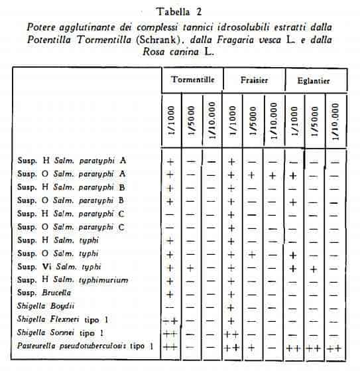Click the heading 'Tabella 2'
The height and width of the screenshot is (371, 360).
point(180,11)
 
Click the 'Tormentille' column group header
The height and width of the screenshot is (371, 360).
point(191,80)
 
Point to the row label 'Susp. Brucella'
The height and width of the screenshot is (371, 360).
point(43,293)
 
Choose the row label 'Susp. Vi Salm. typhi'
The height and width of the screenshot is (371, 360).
point(64,267)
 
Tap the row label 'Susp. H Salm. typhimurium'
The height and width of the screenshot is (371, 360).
point(72,280)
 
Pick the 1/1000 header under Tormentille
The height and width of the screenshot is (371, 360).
point(170,121)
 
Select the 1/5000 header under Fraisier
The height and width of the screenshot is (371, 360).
point(251,121)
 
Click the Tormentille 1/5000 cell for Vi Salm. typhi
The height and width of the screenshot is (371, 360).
point(190,267)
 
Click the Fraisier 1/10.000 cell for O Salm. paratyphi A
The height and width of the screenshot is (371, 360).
point(272,175)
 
